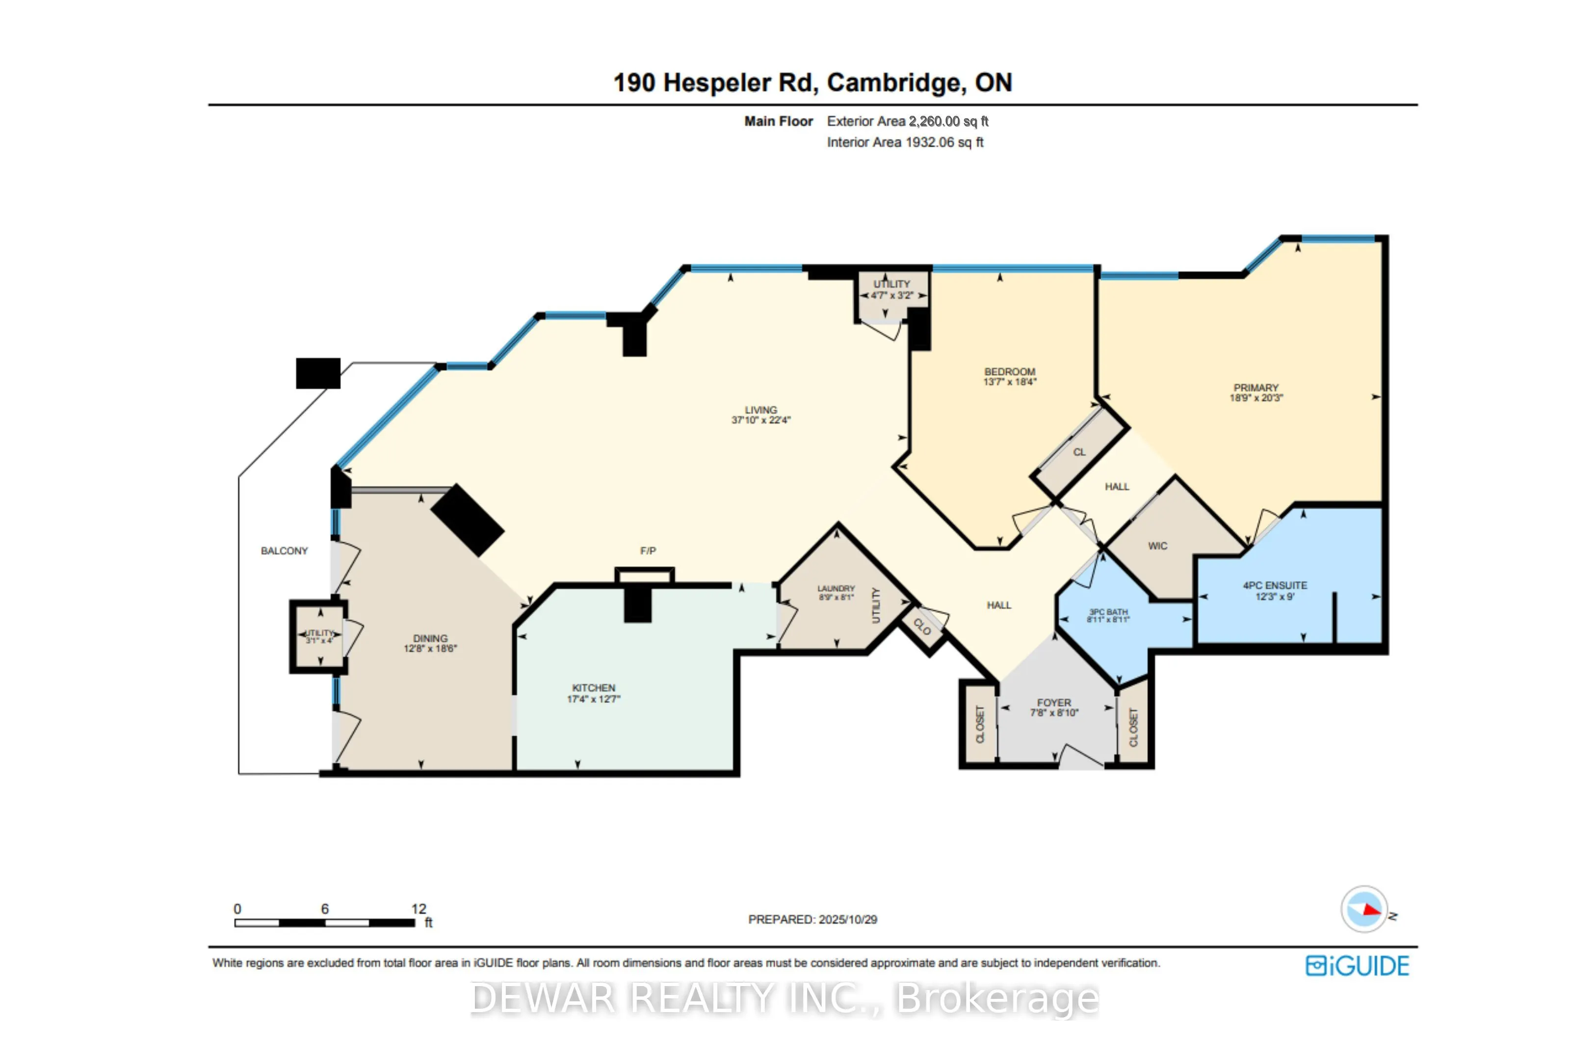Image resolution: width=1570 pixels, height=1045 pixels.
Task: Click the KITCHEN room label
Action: [593, 688]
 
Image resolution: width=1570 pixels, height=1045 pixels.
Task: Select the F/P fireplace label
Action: [648, 551]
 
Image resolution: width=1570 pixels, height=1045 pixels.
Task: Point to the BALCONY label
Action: [284, 551]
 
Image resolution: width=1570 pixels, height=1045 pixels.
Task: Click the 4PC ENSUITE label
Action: [1274, 586]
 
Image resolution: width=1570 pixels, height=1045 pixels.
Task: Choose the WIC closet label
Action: [1157, 546]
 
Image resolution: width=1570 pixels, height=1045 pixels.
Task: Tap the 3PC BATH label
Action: [1108, 612]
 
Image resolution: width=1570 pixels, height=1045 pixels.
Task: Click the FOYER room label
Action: [1054, 703]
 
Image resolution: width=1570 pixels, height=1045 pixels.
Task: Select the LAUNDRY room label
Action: [836, 589]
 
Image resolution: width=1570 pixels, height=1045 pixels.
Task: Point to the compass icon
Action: [1363, 909]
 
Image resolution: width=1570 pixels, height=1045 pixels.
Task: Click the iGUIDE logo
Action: [1357, 965]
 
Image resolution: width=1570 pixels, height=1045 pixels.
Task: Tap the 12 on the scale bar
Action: [419, 909]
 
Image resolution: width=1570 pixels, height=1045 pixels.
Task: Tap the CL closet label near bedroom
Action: [1079, 453]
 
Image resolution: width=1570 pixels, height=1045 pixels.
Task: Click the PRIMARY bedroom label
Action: [1256, 388]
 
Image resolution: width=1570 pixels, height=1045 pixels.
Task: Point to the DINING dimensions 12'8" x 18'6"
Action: [430, 648]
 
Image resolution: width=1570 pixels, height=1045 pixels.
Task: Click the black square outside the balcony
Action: [318, 373]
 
